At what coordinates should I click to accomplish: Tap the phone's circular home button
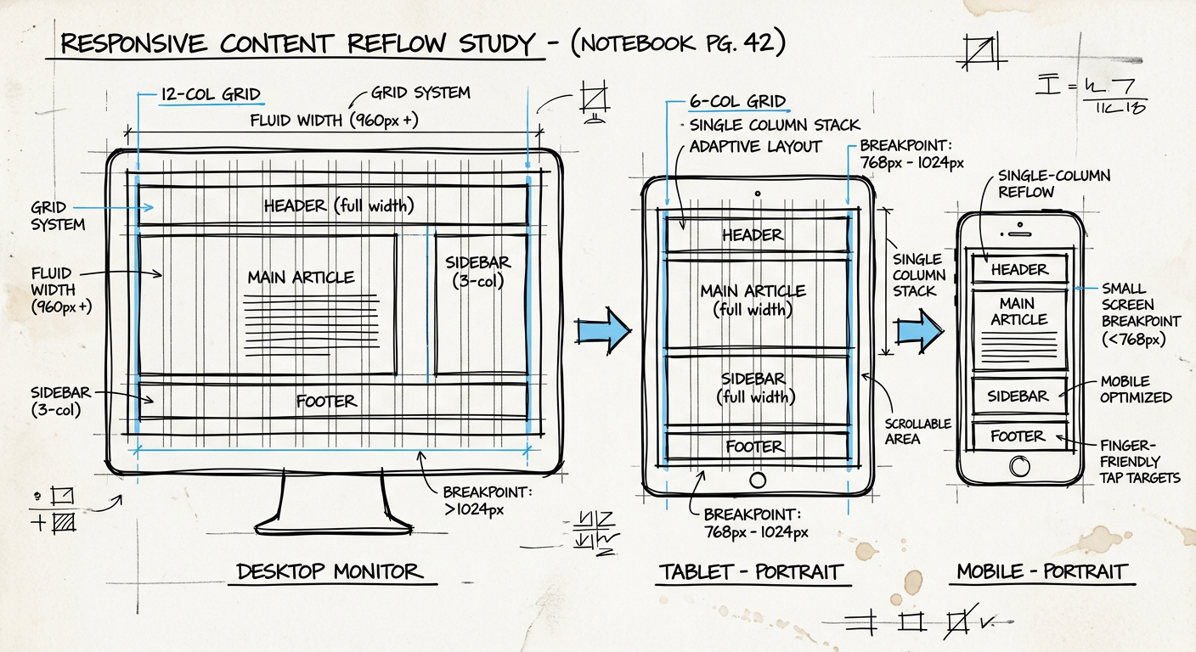coord(1018,465)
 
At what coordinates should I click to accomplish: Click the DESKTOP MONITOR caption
coord(330,571)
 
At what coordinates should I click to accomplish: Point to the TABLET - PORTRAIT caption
coord(750,571)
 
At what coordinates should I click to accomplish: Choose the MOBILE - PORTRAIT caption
coord(1042,571)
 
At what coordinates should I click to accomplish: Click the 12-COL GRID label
coord(211,94)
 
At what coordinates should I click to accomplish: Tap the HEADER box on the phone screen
coord(1019,270)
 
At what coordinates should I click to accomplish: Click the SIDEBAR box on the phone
coord(1018,396)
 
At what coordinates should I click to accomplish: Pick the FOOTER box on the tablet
coord(755,447)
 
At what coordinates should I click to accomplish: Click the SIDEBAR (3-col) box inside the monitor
coord(479,301)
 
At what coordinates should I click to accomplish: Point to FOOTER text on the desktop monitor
coord(326,402)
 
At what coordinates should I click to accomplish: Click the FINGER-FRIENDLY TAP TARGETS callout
coord(1140,461)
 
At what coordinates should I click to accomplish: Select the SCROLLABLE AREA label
coord(917,431)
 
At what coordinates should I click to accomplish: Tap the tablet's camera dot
coord(757,194)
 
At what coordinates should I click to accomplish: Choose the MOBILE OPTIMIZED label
coord(1136,389)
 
